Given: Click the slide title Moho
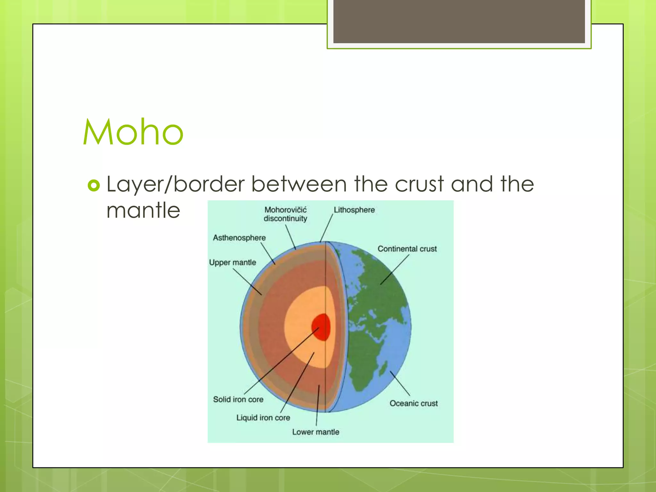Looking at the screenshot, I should tap(133, 132).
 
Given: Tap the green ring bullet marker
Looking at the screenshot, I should tap(94, 185).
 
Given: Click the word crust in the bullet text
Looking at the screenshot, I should tap(419, 184).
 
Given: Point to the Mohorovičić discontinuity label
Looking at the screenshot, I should tap(285, 214).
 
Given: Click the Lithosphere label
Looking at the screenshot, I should tap(354, 210).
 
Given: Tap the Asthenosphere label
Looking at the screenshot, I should tap(239, 238).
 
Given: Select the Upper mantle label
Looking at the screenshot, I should tap(233, 262).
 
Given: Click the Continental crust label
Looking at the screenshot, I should tap(407, 249).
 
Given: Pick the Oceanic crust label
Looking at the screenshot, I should tap(413, 403).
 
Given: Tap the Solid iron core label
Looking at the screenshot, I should tap(238, 399).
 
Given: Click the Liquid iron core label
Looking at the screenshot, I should tap(263, 418).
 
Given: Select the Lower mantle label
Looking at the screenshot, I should tap(316, 432).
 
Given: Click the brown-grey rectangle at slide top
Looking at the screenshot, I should tap(459, 21).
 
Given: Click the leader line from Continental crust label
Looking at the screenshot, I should tap(395, 269).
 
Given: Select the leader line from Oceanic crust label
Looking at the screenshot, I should tap(400, 383).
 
